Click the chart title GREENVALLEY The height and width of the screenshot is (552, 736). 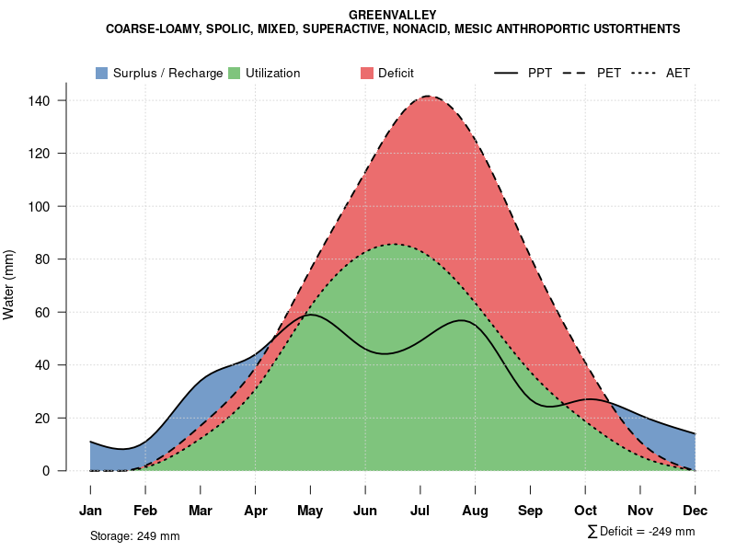coord(393,15)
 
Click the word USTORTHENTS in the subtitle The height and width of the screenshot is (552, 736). coord(635,29)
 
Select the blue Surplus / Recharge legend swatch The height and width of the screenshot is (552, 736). coord(101,73)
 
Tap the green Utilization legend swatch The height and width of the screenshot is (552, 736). coord(234,73)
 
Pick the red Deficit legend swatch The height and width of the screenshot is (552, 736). coord(366,73)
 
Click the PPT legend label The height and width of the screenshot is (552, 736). coord(540,73)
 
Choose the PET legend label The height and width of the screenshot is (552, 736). coord(609,73)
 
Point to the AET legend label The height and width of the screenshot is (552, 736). coord(678,73)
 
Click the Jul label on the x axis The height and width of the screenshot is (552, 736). coord(420,511)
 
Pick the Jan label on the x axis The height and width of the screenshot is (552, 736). coord(90,511)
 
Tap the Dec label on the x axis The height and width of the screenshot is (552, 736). coord(696,511)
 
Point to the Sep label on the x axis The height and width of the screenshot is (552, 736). coord(530,511)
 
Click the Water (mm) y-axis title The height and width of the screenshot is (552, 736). coord(9,285)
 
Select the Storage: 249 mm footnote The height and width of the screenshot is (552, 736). coord(135,535)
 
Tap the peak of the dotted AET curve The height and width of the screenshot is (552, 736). coord(394,244)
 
